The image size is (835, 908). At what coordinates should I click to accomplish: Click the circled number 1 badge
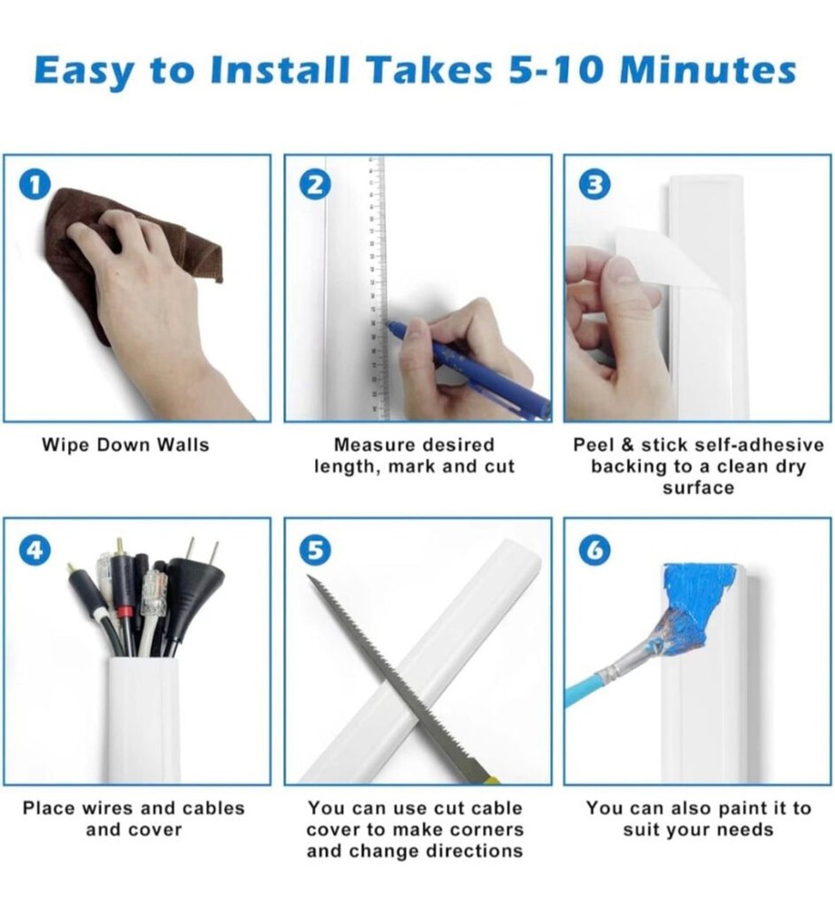tap(35, 185)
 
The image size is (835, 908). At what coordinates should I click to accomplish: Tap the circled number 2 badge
tap(315, 185)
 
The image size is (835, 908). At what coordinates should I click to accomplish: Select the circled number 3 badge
tap(595, 185)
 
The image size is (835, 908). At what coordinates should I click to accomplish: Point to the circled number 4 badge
tap(35, 549)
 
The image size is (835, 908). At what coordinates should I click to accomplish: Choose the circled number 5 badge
tap(315, 549)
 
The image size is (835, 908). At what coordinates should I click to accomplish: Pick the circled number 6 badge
tap(595, 549)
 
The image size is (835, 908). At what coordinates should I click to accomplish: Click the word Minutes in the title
tap(708, 70)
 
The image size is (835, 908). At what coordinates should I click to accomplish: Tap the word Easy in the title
tap(83, 72)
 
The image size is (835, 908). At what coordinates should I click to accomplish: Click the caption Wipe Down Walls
tap(125, 445)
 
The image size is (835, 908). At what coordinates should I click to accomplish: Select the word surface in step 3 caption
tap(699, 488)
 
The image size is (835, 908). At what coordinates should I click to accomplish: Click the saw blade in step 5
tap(399, 677)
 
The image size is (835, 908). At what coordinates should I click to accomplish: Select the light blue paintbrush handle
tap(586, 686)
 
